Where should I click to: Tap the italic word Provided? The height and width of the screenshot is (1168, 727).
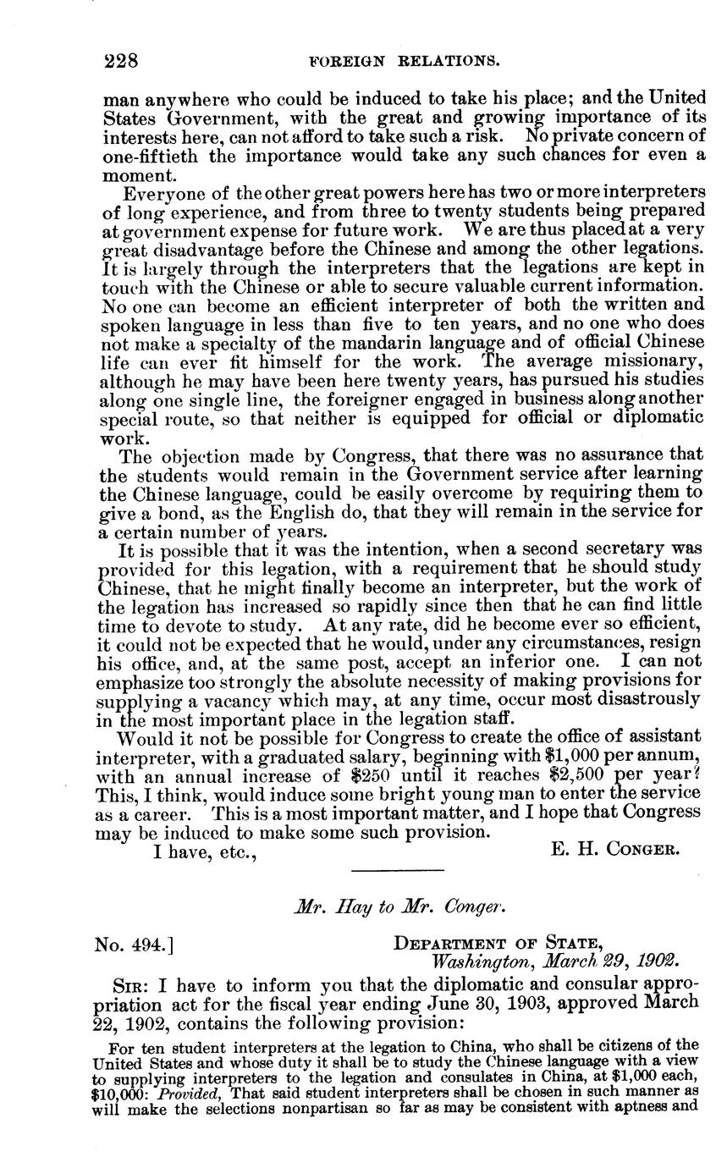coord(186,1092)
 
